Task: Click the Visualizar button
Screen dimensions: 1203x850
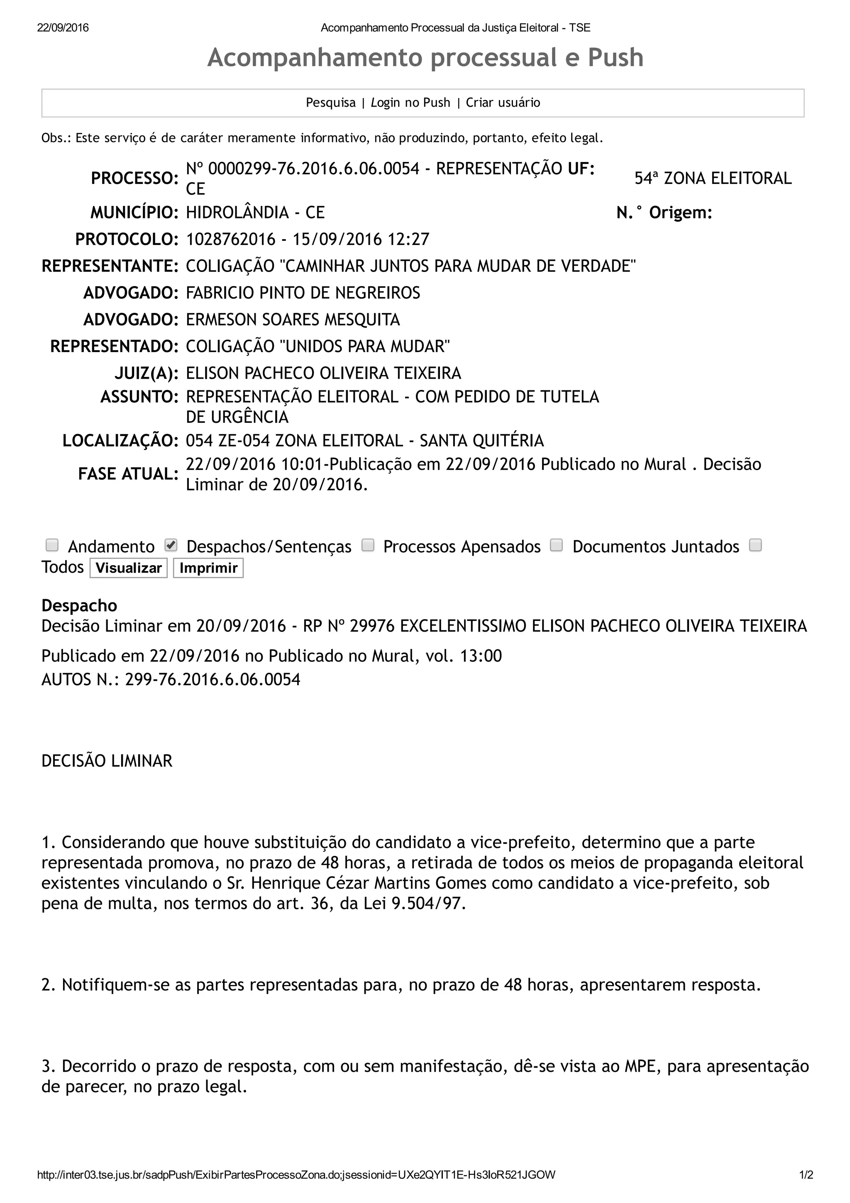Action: [128, 568]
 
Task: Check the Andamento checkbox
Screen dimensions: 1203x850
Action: [52, 545]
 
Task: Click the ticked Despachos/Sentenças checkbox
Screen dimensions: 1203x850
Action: [171, 545]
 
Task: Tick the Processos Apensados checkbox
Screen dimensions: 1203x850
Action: [368, 545]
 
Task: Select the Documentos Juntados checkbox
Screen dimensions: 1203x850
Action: [556, 545]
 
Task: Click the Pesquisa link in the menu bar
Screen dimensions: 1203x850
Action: [330, 103]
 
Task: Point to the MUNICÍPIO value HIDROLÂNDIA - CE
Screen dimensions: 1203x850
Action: [255, 213]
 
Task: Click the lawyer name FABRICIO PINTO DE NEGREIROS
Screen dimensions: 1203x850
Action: [303, 293]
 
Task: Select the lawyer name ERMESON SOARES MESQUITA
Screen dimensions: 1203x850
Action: [293, 320]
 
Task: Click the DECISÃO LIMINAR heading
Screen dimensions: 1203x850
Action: [107, 761]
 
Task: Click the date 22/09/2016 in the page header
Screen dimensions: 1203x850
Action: [63, 28]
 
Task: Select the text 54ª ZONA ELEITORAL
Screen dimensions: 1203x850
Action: [713, 179]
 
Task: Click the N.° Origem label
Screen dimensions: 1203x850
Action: [664, 213]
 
